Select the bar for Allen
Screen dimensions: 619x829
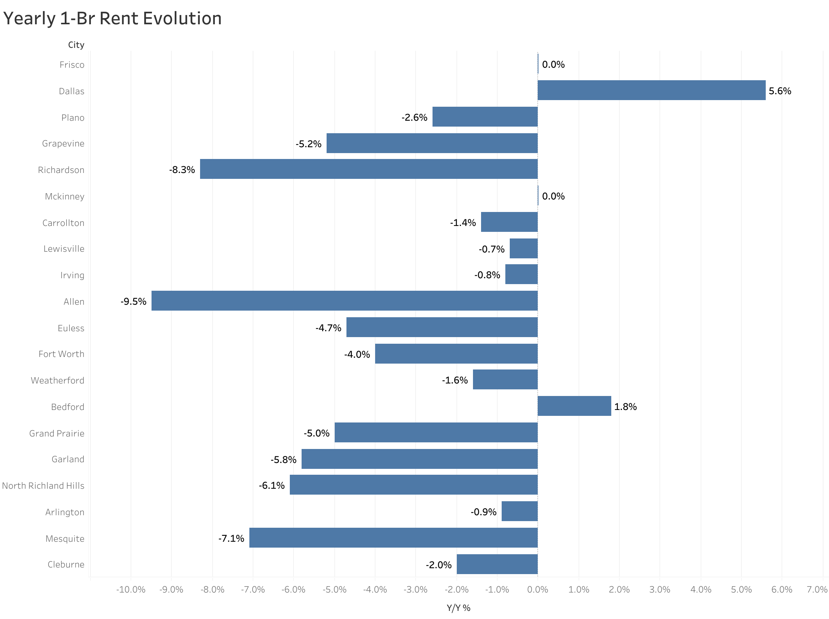click(344, 301)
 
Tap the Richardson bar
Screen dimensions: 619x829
click(369, 169)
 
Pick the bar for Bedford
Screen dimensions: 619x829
click(574, 406)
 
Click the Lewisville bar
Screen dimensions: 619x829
click(523, 248)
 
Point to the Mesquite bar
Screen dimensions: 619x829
click(393, 537)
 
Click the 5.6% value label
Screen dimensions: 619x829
click(780, 91)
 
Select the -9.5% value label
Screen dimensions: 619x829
click(133, 302)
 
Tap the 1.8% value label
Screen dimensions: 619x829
click(625, 407)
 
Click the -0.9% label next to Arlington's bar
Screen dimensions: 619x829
click(483, 512)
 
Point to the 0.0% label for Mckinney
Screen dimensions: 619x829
click(553, 197)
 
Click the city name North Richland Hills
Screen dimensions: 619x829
click(43, 486)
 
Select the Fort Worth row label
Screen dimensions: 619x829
click(61, 354)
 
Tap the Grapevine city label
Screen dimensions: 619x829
click(63, 144)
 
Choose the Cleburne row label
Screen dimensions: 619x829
click(66, 564)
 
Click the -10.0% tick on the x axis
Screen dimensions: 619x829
click(131, 590)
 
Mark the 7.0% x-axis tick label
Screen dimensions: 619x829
click(816, 590)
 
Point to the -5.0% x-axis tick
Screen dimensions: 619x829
click(334, 590)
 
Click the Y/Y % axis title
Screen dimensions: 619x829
click(458, 608)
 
